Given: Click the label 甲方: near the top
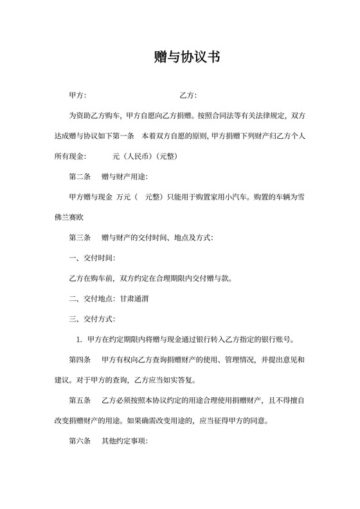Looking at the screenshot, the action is click(x=78, y=96).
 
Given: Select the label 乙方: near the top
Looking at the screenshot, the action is click(x=188, y=96).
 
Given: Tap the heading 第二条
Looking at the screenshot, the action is click(x=80, y=177).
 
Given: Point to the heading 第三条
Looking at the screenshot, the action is click(x=80, y=238).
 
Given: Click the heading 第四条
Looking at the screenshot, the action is click(x=80, y=359).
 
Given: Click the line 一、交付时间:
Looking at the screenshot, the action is click(x=93, y=258).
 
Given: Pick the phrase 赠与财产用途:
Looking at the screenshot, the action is click(x=125, y=177).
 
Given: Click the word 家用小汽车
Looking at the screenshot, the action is click(x=228, y=197).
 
